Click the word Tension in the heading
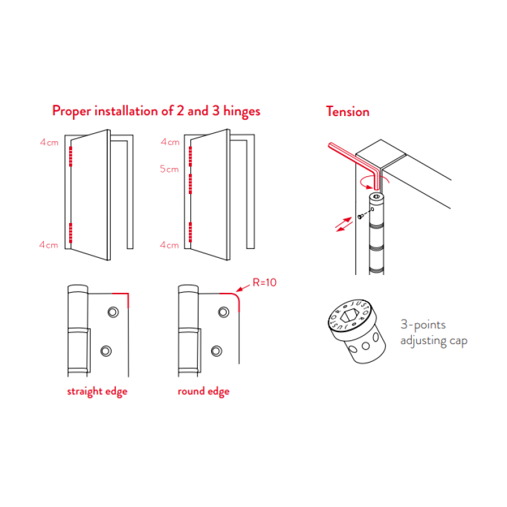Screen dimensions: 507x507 tap(347, 112)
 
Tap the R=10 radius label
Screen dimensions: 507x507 tap(264, 283)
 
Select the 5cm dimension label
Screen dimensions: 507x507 tap(169, 169)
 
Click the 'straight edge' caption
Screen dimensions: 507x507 tap(97, 392)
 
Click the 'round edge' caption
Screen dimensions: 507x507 tap(203, 392)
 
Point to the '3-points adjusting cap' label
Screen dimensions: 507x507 tap(433, 333)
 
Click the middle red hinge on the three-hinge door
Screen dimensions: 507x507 tap(190, 184)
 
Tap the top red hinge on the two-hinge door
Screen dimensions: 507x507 tap(70, 157)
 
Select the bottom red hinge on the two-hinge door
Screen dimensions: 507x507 tap(70, 233)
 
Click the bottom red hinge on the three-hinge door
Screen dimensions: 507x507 tap(190, 232)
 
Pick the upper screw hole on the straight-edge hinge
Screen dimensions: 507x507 tap(113, 312)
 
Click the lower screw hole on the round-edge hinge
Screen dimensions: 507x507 tap(216, 351)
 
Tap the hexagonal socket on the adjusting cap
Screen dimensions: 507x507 tap(349, 316)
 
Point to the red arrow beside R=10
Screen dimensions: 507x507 tap(243, 288)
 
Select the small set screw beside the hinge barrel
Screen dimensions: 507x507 tap(360, 217)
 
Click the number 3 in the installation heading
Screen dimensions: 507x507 tap(215, 111)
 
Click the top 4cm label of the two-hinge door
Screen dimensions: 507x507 tap(49, 142)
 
